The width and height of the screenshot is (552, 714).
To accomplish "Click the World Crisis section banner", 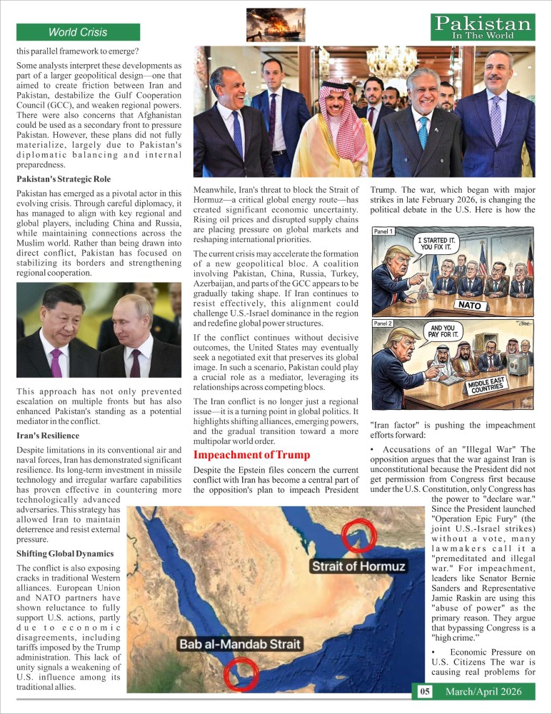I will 78,32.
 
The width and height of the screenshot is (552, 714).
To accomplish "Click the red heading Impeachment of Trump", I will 252,455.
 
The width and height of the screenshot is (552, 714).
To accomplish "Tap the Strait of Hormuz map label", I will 358,566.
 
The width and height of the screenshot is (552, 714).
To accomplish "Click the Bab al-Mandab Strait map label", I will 239,644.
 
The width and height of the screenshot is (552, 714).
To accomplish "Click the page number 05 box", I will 424,691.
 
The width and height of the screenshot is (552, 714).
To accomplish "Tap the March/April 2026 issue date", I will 483,691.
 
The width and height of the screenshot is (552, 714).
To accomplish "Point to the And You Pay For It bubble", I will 443,330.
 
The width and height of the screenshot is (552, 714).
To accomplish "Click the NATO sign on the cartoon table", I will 472,305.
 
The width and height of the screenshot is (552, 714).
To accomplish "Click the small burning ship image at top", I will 275,26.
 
